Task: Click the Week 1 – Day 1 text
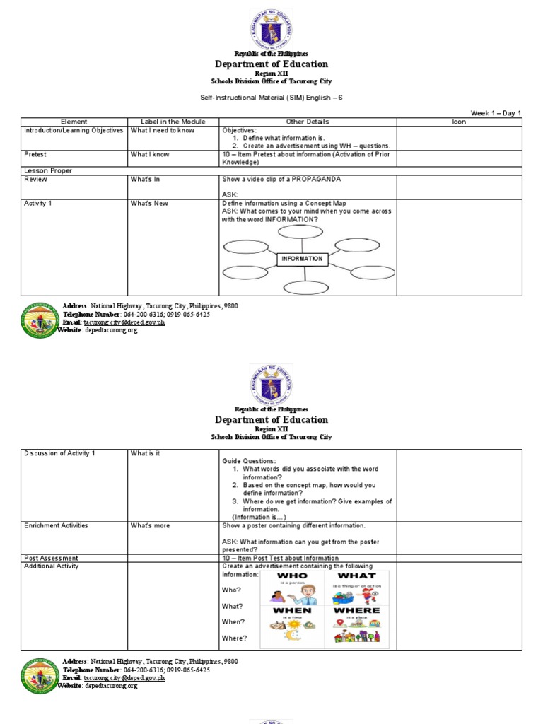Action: click(x=496, y=113)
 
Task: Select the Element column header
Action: click(x=74, y=122)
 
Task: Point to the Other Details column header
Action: click(x=308, y=122)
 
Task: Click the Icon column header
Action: click(x=459, y=122)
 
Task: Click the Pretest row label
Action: click(x=35, y=154)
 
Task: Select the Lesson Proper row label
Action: click(x=48, y=170)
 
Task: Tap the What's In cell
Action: click(x=145, y=179)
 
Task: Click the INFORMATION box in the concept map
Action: click(x=302, y=259)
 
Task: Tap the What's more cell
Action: click(x=150, y=525)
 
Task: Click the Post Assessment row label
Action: click(x=51, y=558)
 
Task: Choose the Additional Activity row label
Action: click(x=52, y=566)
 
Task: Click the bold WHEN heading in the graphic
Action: click(x=292, y=609)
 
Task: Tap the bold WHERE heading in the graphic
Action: click(x=356, y=609)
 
